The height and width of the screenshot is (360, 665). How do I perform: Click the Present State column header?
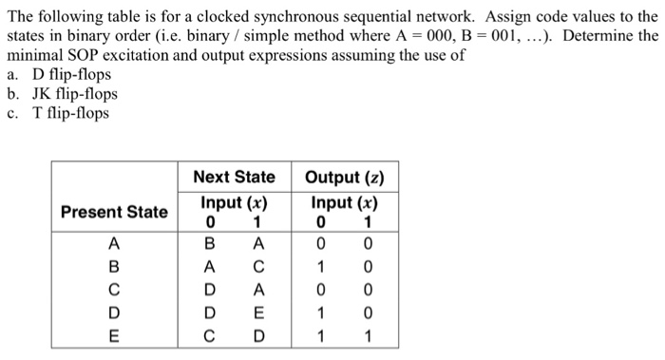[114, 211]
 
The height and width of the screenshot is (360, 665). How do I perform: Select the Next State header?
[234, 177]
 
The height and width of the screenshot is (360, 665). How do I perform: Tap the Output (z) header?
[344, 177]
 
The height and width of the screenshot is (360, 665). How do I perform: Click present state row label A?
[114, 244]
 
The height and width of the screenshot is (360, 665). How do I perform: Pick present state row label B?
[114, 266]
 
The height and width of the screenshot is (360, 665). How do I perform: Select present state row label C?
[114, 289]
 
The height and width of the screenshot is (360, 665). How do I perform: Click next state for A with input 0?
[211, 244]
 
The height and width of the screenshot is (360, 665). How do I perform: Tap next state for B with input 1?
[257, 266]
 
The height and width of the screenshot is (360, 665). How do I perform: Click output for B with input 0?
[320, 266]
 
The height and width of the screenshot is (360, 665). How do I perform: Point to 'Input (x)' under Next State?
[234, 202]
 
